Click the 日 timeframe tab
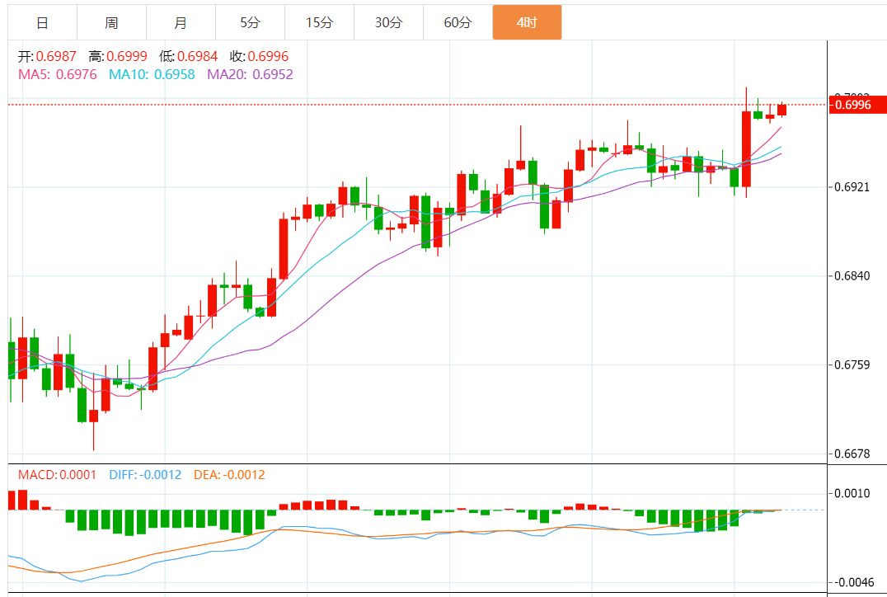point(42,22)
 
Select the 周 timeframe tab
point(111,22)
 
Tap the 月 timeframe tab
point(181,22)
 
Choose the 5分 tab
point(250,22)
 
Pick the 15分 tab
point(319,22)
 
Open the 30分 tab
point(388,22)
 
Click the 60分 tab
point(458,22)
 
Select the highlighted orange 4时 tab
point(527,22)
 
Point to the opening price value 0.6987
point(57,56)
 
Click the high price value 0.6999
point(127,56)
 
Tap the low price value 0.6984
point(197,56)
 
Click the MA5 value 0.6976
point(76,74)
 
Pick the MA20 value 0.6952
point(273,74)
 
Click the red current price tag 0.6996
point(857,105)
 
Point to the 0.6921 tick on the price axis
point(852,187)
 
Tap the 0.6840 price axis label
point(852,275)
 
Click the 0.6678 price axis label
point(852,454)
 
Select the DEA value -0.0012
point(242,475)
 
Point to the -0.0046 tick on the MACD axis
point(854,582)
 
